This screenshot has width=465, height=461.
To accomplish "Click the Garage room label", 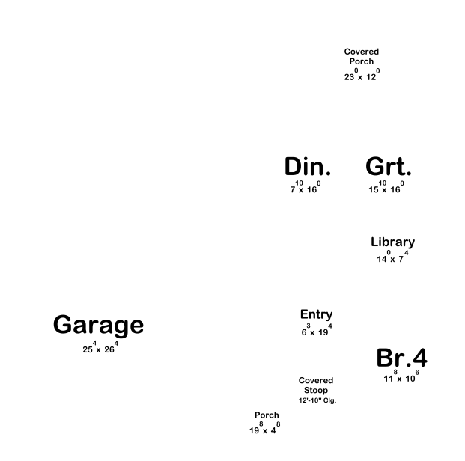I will tap(98, 326).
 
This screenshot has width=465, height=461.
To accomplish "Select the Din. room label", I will tap(307, 167).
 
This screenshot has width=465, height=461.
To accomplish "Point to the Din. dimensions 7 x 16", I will tap(306, 189).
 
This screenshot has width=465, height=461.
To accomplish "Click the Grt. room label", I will tap(389, 167).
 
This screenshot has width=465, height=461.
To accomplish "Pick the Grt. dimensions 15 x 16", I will tap(386, 189).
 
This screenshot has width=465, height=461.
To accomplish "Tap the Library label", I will tap(392, 242).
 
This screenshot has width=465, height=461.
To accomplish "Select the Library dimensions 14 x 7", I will tap(392, 258).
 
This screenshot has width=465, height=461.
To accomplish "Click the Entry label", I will tap(316, 314).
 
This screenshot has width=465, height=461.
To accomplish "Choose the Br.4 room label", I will tap(401, 358).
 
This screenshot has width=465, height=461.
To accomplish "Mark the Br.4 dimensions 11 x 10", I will tap(401, 377).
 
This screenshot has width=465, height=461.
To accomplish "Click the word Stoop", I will tap(316, 391).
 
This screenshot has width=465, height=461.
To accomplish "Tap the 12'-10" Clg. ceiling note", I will tap(317, 401).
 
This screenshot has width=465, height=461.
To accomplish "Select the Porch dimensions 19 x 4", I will tap(264, 430).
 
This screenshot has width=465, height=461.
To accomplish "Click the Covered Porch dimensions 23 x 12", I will tap(362, 76).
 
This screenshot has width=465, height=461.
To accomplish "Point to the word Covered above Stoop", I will tap(316, 381).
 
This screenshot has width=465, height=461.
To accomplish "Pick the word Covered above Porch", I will tap(362, 52).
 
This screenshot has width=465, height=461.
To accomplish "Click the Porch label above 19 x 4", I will tap(267, 415).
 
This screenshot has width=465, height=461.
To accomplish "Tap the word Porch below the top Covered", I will tap(362, 61).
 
